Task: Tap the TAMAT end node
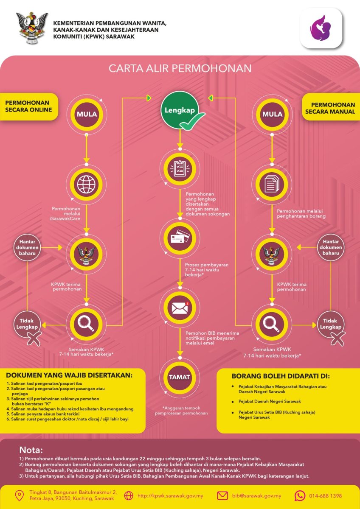[x=179, y=377]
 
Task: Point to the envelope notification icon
[x=179, y=308]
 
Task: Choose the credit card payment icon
[x=179, y=239]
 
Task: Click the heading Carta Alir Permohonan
[x=180, y=69]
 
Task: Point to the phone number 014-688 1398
[x=324, y=495]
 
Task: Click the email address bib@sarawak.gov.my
[x=256, y=495]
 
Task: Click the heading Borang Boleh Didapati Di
[x=280, y=376]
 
